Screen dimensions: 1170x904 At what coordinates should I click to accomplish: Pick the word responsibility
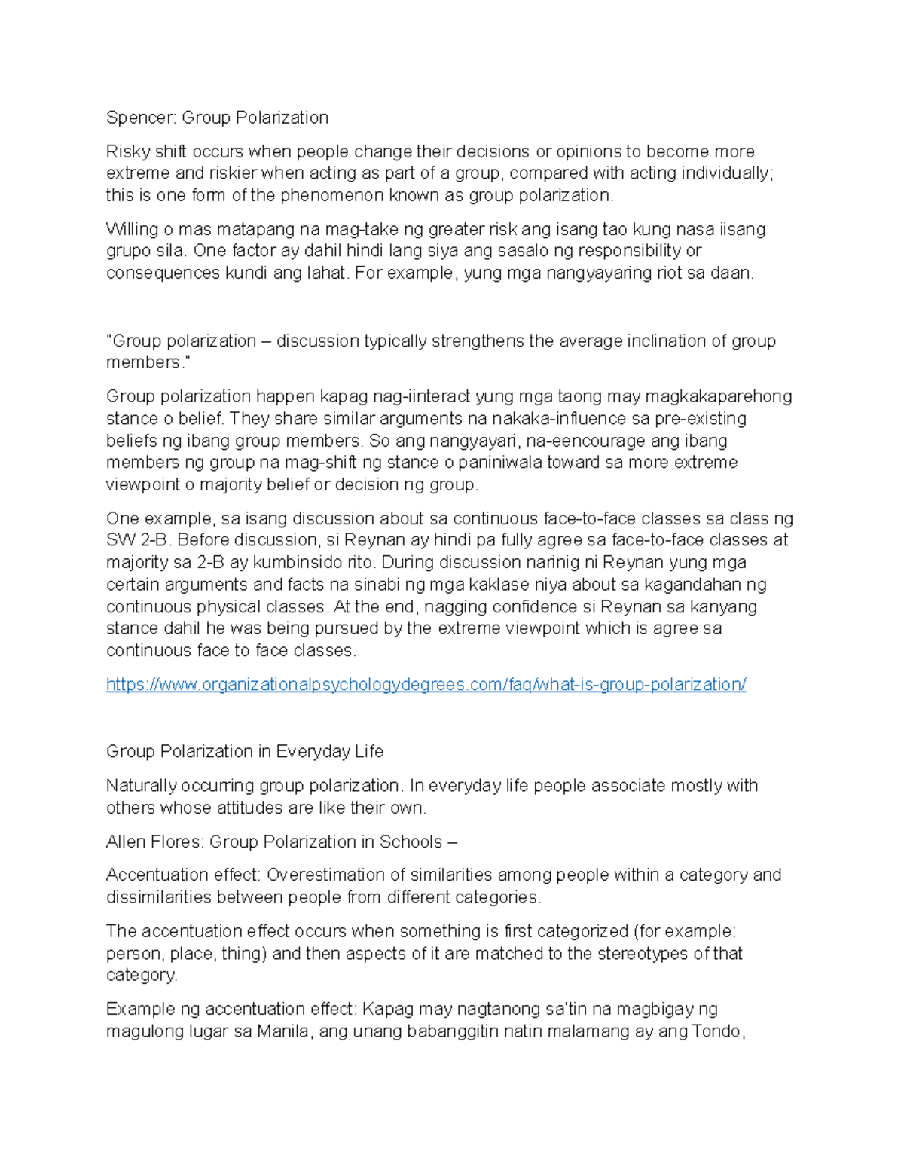click(630, 251)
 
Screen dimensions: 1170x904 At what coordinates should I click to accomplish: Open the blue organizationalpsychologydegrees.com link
click(426, 684)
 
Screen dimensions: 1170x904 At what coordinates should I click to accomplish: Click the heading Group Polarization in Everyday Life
click(245, 752)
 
